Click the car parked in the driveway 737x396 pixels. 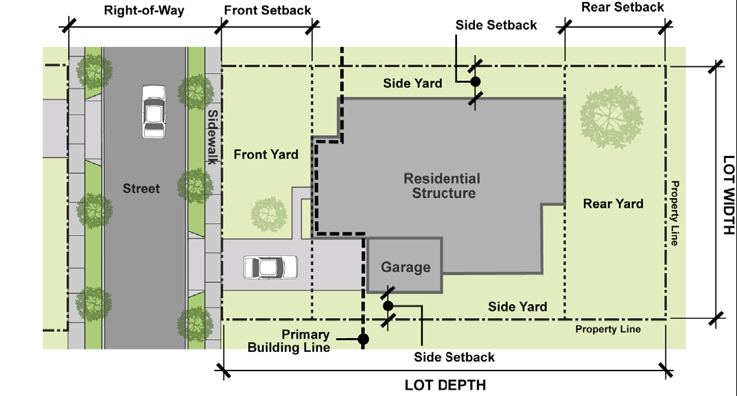270,267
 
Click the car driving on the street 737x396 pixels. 154,112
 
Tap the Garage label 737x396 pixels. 405,267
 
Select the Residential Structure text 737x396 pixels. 443,186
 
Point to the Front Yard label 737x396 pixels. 266,155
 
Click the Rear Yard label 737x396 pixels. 613,204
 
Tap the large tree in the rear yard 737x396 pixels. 611,117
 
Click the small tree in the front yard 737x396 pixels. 269,215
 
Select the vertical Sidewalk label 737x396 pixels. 212,137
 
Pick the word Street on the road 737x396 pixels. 141,188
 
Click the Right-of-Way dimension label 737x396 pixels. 144,10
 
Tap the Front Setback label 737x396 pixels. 267,10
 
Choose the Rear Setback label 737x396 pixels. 623,7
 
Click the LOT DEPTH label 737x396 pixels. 445,385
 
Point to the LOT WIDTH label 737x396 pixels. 728,195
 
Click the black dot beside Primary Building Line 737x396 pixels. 363,339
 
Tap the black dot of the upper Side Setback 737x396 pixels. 475,82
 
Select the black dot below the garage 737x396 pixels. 387,306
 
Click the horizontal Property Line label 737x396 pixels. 608,329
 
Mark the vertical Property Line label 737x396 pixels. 674,213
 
